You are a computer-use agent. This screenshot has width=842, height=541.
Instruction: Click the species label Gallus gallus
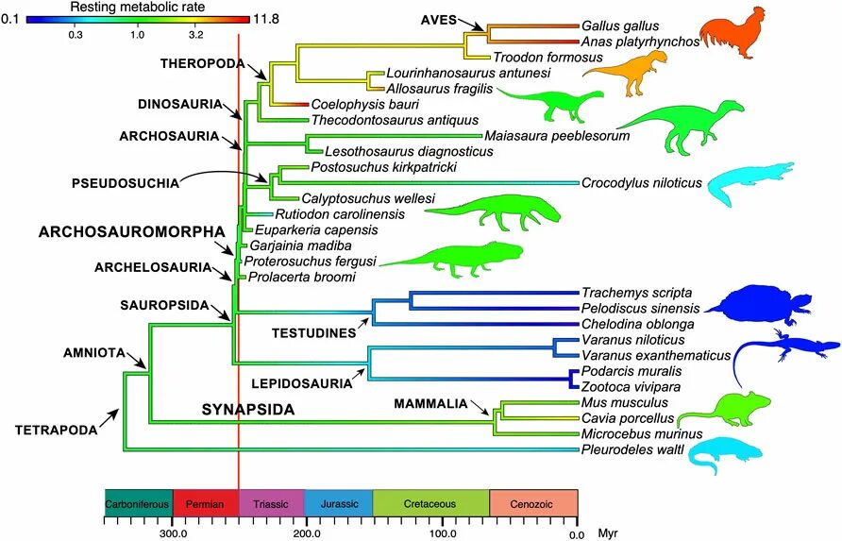[620, 26]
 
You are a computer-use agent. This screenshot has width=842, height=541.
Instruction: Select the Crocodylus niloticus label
[641, 183]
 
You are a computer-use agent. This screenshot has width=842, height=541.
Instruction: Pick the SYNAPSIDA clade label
[248, 409]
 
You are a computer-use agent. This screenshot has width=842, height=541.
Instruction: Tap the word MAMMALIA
[430, 404]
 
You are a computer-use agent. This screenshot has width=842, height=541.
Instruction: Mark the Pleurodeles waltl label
[628, 449]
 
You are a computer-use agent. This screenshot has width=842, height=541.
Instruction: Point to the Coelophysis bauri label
[352, 104]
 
